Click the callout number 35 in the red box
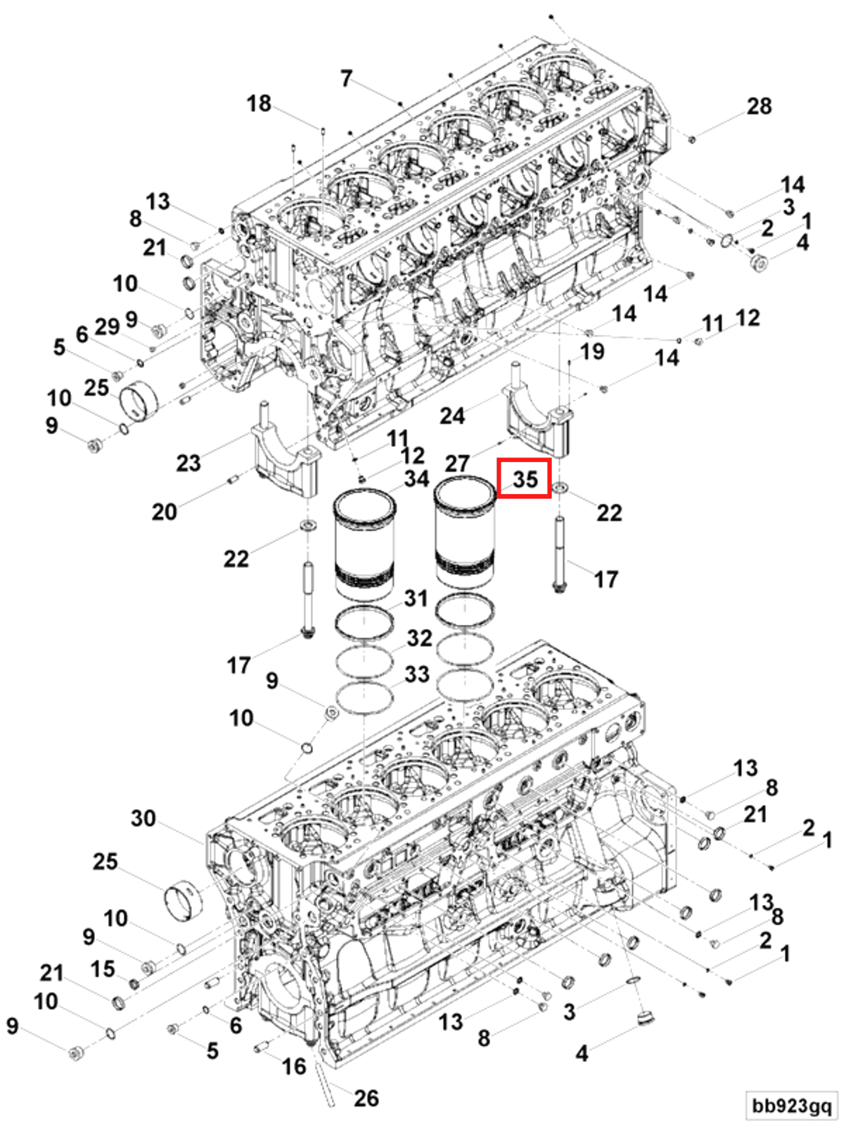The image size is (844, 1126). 524,479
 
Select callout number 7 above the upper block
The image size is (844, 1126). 347,78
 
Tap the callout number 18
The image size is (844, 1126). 258,104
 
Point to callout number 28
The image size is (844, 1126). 759,107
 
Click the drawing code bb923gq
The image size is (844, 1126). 792,1105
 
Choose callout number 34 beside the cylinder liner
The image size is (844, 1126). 416,479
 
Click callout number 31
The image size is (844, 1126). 416,598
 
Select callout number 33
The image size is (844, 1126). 417,674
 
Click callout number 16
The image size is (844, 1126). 294,1067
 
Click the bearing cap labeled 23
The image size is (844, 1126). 285,460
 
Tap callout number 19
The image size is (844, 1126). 592,351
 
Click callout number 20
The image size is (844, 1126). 164,512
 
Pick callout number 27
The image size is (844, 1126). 456,463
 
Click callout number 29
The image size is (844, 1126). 108,327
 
